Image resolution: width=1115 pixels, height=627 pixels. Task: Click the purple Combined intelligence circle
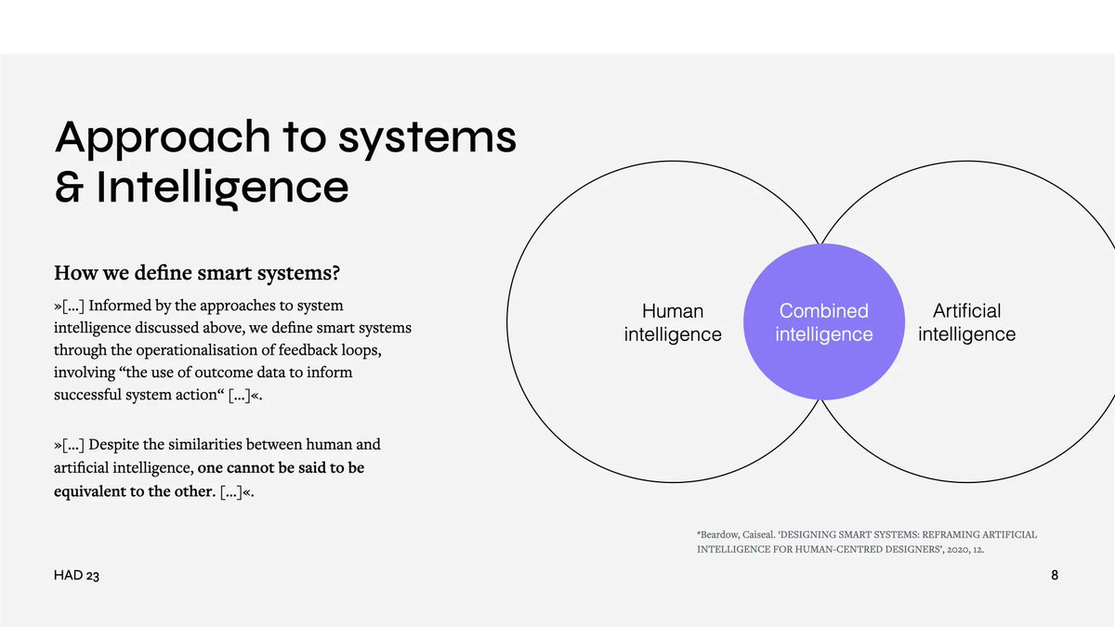(823, 322)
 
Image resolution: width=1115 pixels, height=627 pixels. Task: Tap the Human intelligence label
(673, 322)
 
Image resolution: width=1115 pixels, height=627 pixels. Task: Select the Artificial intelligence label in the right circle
(966, 322)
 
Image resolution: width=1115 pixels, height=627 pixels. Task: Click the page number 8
(1055, 576)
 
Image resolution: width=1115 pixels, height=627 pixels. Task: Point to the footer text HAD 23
(76, 577)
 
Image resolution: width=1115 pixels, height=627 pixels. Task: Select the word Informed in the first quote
(122, 306)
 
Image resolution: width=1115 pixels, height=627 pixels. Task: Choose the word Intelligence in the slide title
(223, 188)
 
